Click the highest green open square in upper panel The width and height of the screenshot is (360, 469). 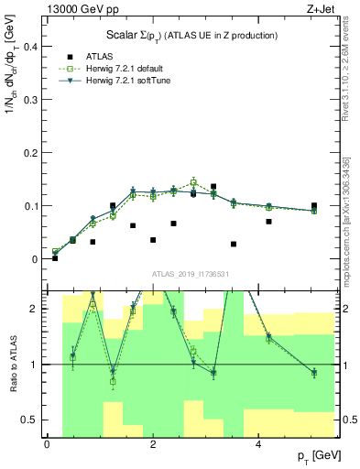(193, 182)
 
